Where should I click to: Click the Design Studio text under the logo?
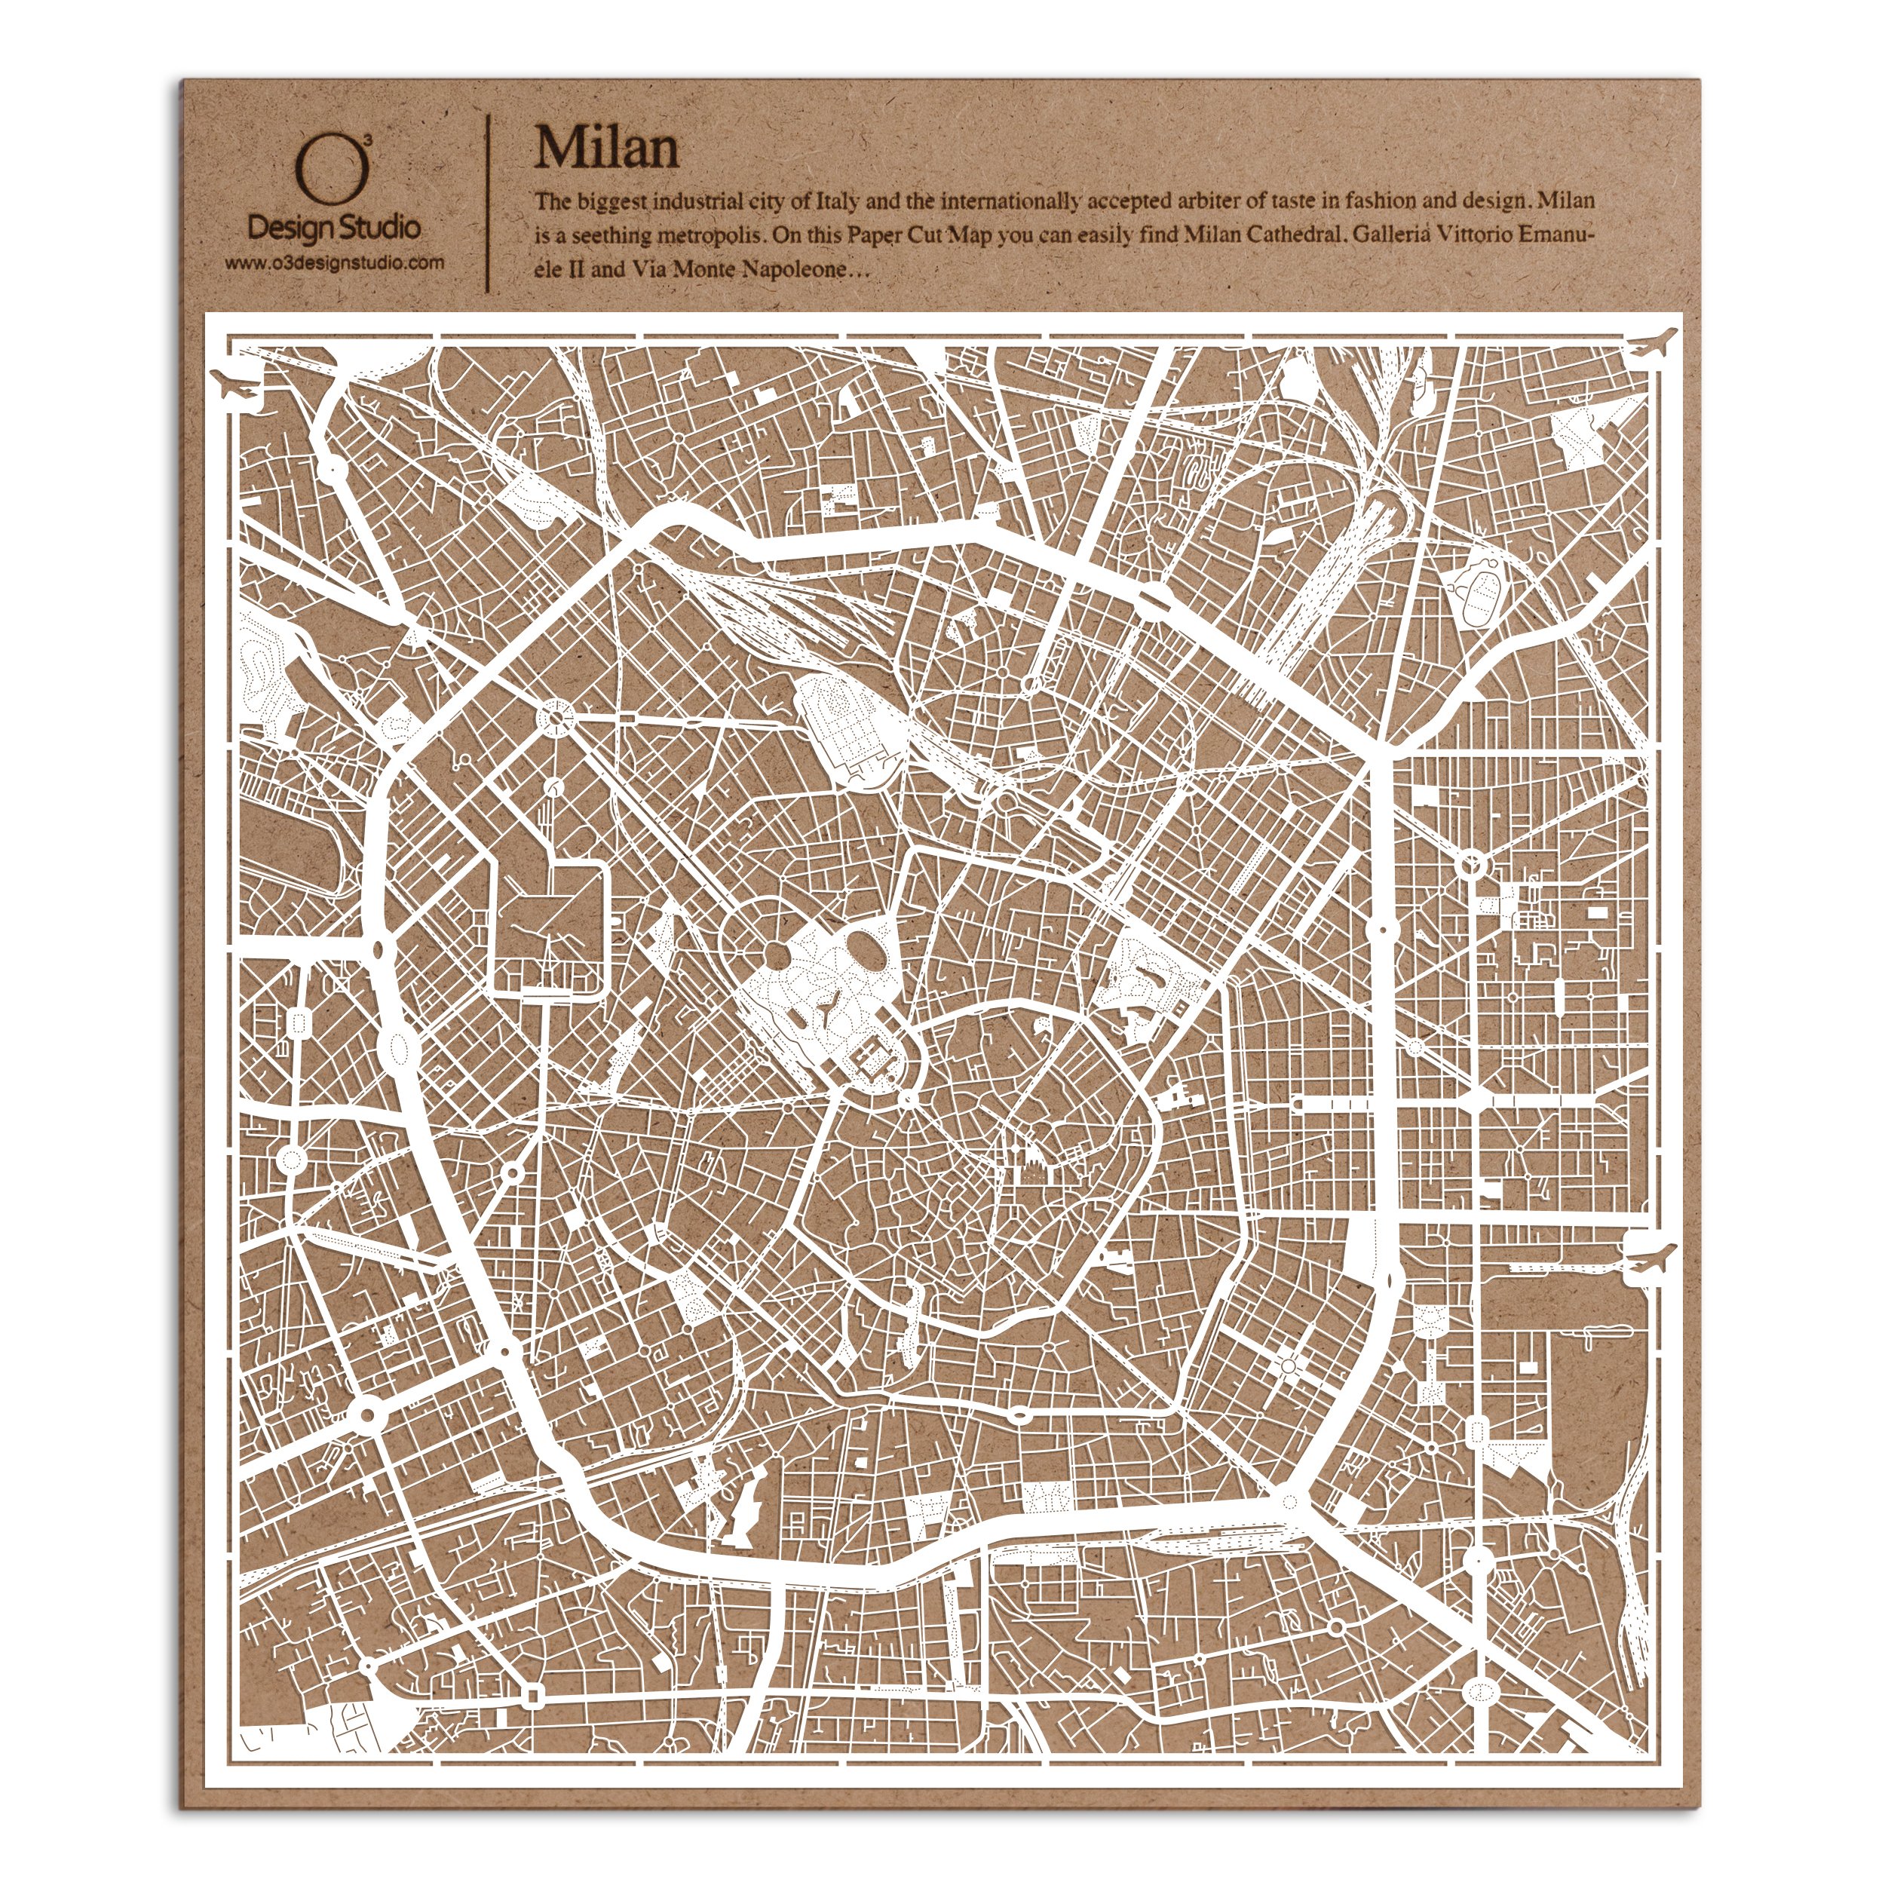click(334, 228)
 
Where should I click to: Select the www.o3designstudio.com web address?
click(334, 262)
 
